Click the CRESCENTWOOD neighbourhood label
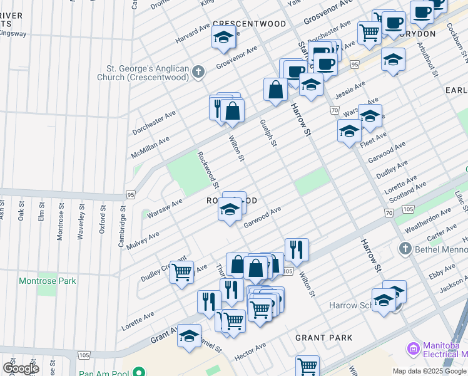tap(249, 24)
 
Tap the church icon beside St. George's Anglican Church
tap(198, 72)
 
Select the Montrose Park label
tap(46, 281)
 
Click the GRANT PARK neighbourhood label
tap(324, 338)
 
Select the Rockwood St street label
tap(208, 169)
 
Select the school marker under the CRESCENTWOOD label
tap(223, 39)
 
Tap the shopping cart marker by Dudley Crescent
tap(181, 273)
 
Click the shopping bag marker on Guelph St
tap(275, 90)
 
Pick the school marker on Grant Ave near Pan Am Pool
tap(189, 337)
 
